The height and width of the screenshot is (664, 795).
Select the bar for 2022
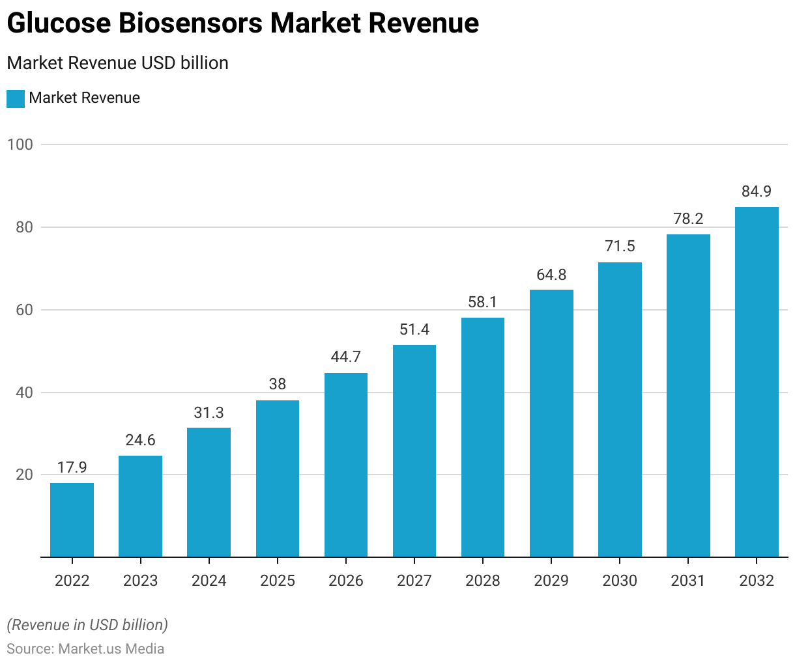pyautogui.click(x=72, y=520)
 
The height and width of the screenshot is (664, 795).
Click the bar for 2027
pyautogui.click(x=414, y=451)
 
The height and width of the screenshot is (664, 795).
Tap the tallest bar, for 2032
pyautogui.click(x=757, y=382)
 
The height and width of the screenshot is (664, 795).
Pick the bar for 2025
pyautogui.click(x=278, y=478)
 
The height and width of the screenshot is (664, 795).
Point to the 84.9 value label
pyautogui.click(x=757, y=191)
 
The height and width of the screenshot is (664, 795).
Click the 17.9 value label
pyautogui.click(x=72, y=467)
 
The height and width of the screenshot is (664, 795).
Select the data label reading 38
pyautogui.click(x=278, y=384)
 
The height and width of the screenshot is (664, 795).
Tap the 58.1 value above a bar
pyautogui.click(x=483, y=302)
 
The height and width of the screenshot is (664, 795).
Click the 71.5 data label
pyautogui.click(x=620, y=246)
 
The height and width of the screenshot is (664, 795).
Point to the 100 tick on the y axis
pyautogui.click(x=20, y=145)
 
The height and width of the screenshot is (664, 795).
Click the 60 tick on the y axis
pyautogui.click(x=25, y=310)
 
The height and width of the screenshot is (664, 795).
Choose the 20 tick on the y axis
pyautogui.click(x=25, y=475)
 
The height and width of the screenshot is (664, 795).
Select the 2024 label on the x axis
pyautogui.click(x=209, y=581)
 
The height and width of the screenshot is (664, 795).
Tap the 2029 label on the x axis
pyautogui.click(x=551, y=581)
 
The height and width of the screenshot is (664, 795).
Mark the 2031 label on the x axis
pyautogui.click(x=688, y=581)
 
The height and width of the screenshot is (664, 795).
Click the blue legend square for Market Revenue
pyautogui.click(x=16, y=98)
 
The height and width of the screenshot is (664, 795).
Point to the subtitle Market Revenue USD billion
pyautogui.click(x=117, y=63)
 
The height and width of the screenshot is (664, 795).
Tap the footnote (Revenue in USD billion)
pyautogui.click(x=87, y=625)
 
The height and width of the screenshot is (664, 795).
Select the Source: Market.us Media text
pyautogui.click(x=85, y=649)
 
